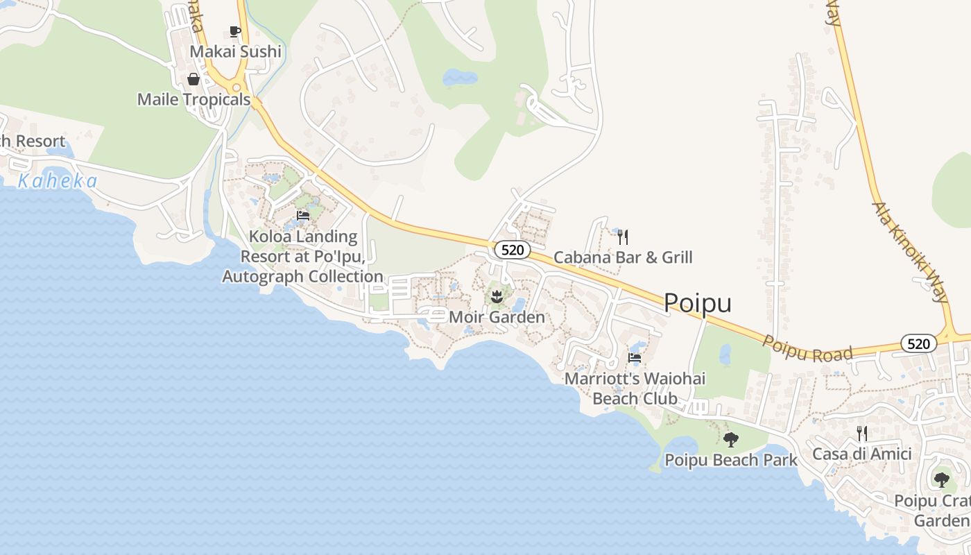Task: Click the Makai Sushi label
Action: [x=236, y=51]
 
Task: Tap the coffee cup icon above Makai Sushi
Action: [x=234, y=31]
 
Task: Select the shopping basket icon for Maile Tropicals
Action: [x=194, y=79]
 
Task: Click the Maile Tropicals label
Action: [x=194, y=99]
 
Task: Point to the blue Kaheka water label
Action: [x=58, y=182]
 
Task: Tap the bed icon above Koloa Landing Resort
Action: [x=303, y=216]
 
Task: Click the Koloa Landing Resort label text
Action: [x=302, y=256]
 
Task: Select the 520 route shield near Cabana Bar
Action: [x=513, y=250]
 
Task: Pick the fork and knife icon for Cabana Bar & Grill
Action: [x=623, y=237]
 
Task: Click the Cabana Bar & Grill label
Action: [x=623, y=257]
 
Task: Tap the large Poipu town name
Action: [x=697, y=302]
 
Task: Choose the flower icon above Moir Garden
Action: [x=497, y=298]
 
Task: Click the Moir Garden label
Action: [x=497, y=317]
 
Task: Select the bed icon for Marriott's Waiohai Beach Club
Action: [x=635, y=358]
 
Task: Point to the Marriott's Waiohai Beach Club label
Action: [x=635, y=388]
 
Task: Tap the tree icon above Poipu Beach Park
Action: [x=730, y=439]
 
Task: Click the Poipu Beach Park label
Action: [x=731, y=460]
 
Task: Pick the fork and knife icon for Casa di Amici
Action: [x=862, y=434]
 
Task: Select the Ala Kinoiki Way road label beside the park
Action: [x=911, y=253]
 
